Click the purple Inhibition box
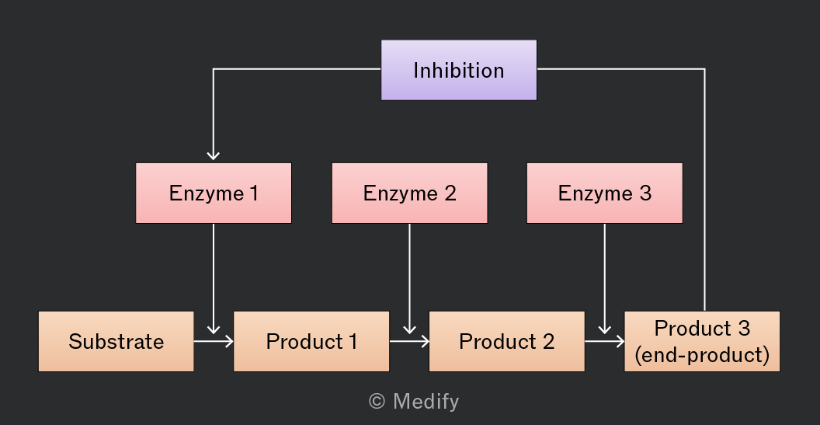coord(459,70)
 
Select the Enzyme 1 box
coord(214,193)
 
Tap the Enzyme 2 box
coord(409,193)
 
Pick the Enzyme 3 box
coord(605,193)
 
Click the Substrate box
coord(116,341)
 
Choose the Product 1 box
coord(311,341)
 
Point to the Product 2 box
coord(507,341)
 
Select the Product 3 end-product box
coord(702,341)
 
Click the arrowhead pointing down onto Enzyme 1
coord(214,155)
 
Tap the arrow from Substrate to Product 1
coord(214,341)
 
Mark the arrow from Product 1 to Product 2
coord(409,341)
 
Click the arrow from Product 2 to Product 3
coord(604,341)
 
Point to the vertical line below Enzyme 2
coord(409,278)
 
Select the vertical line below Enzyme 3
coord(605,278)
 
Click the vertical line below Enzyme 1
coord(214,278)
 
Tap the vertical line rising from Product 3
coord(704,190)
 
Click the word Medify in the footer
coord(426,402)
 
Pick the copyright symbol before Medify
coord(377,402)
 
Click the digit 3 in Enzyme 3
coord(645,193)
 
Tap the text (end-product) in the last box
coord(702,355)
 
